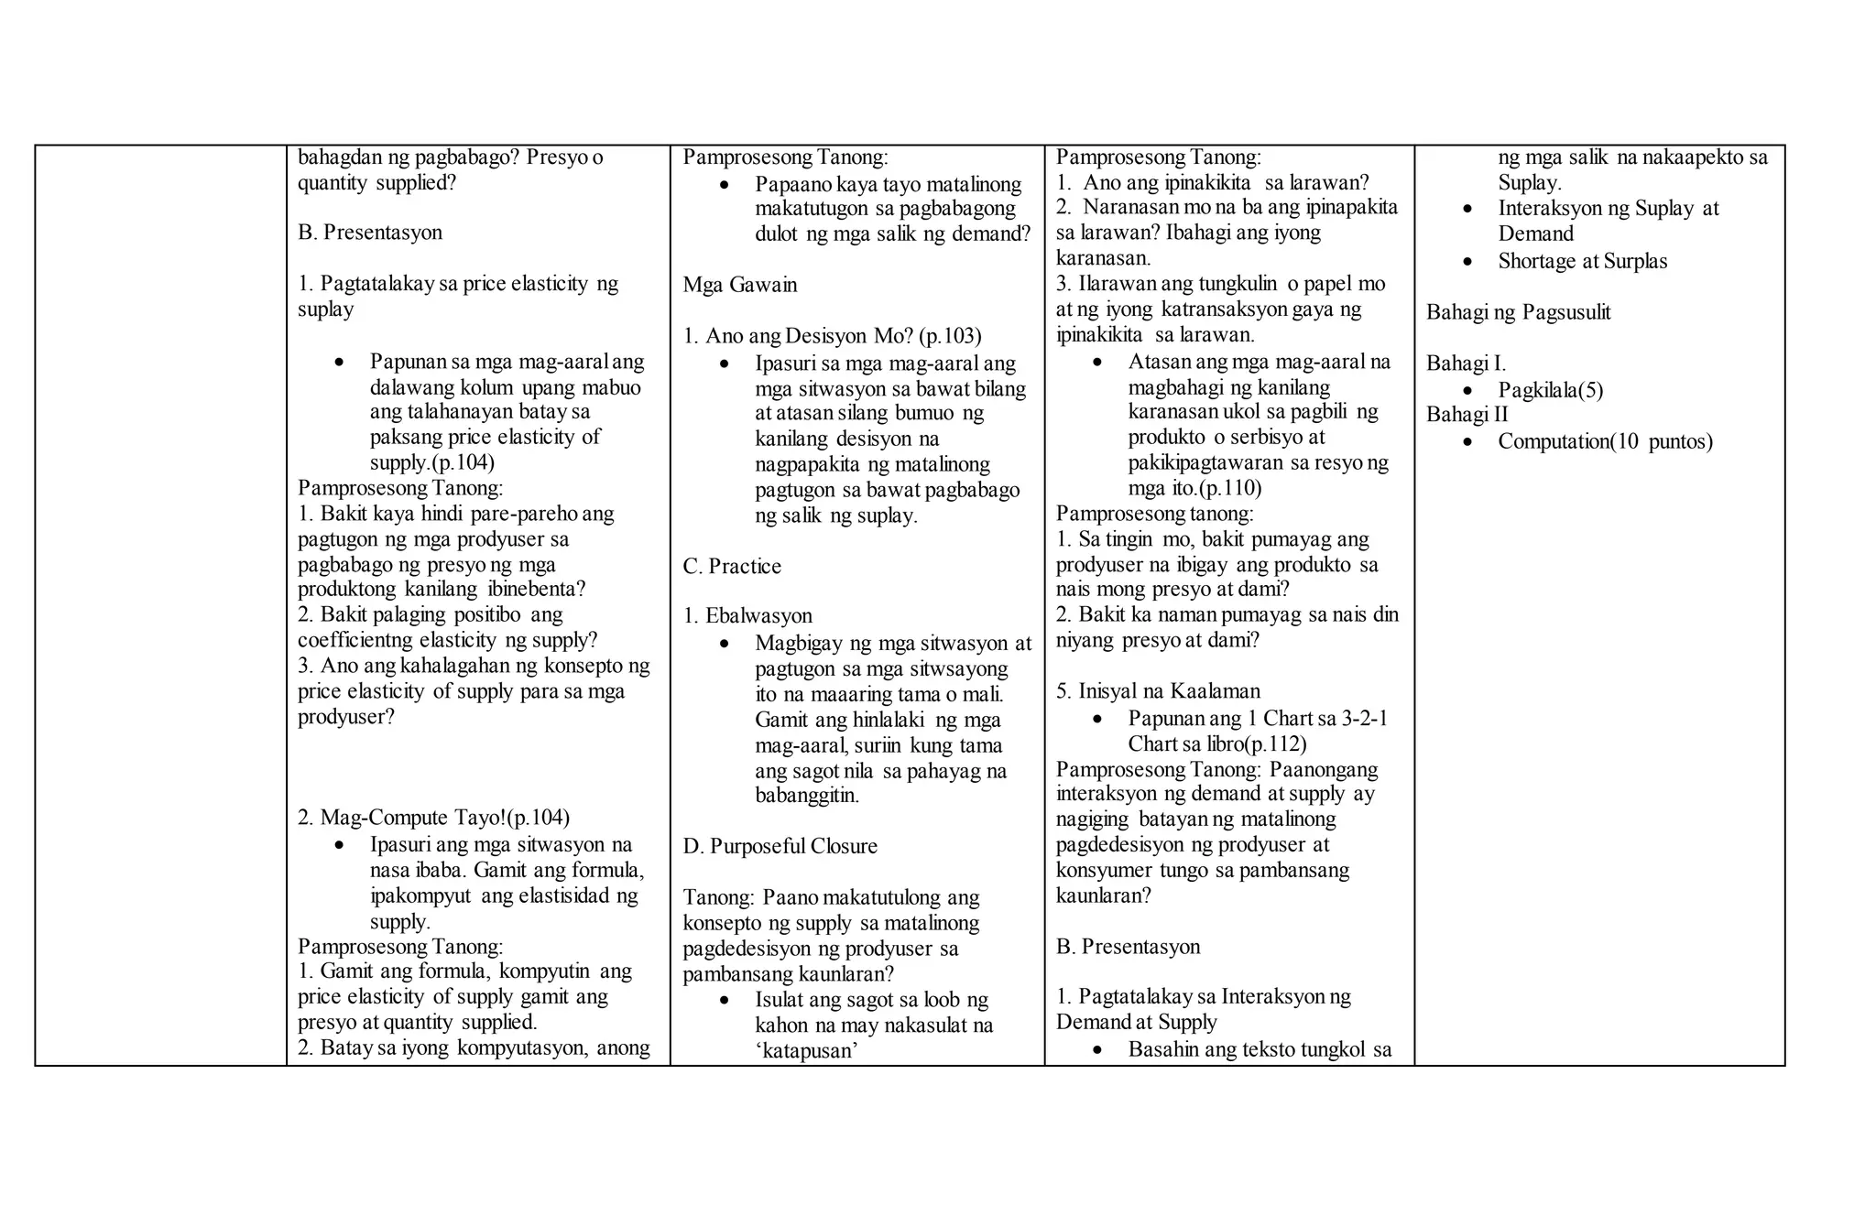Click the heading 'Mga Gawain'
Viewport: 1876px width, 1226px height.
coord(739,285)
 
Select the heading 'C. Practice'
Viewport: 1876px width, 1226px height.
coord(732,567)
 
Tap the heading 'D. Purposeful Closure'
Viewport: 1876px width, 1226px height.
coord(780,846)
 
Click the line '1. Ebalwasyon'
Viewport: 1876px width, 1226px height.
coord(747,616)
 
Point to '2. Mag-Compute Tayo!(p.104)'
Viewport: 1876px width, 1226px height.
coord(433,818)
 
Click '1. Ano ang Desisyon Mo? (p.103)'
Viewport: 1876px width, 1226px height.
coord(832,336)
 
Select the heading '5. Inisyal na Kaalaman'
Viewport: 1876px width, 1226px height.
coord(1158,691)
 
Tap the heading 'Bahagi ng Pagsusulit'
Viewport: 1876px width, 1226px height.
coord(1518,312)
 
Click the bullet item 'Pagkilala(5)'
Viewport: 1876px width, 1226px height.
coord(1550,390)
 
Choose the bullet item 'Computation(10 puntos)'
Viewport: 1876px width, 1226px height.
coord(1605,441)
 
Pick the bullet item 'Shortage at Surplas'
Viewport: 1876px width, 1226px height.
coord(1582,261)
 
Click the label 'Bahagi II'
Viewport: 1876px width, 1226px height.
coord(1467,415)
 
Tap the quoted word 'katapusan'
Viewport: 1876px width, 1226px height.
coord(806,1050)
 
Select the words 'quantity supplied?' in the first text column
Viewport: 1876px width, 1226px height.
coord(376,183)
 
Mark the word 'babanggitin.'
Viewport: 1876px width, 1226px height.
coord(807,795)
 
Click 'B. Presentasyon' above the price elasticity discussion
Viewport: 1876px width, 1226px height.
coord(369,233)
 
